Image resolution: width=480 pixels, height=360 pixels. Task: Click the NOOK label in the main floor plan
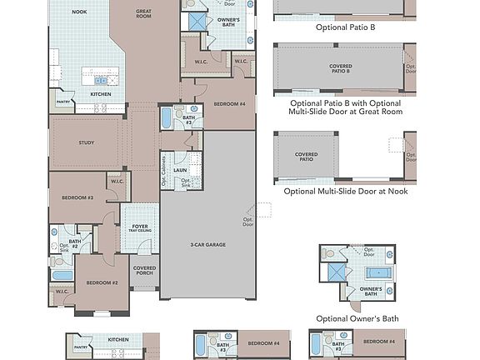(79, 12)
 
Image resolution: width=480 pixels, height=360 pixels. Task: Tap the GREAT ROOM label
(142, 13)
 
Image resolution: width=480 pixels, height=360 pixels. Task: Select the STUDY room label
(86, 142)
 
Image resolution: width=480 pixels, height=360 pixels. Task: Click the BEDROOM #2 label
(103, 283)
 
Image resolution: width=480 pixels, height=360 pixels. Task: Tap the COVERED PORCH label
(144, 271)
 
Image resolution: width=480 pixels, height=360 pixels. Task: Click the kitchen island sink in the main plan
(101, 80)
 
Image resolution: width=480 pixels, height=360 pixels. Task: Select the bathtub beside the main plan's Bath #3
(166, 117)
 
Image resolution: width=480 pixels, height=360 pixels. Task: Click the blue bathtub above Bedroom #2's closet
(62, 274)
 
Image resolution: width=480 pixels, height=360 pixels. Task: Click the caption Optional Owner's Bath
(357, 318)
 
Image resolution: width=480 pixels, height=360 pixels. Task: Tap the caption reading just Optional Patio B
(345, 27)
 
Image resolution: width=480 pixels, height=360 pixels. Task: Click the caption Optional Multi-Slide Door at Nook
(345, 191)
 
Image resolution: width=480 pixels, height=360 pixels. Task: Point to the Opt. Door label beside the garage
(248, 221)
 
